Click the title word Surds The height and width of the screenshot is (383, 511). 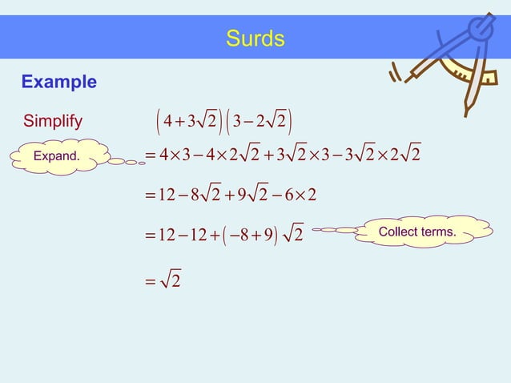[255, 38]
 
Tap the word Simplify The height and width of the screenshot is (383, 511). [52, 122]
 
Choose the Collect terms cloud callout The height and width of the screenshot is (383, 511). [417, 232]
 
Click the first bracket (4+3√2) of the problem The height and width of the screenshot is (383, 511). [186, 122]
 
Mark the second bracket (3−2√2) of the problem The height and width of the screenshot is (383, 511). [262, 122]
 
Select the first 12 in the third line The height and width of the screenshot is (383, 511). [167, 195]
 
